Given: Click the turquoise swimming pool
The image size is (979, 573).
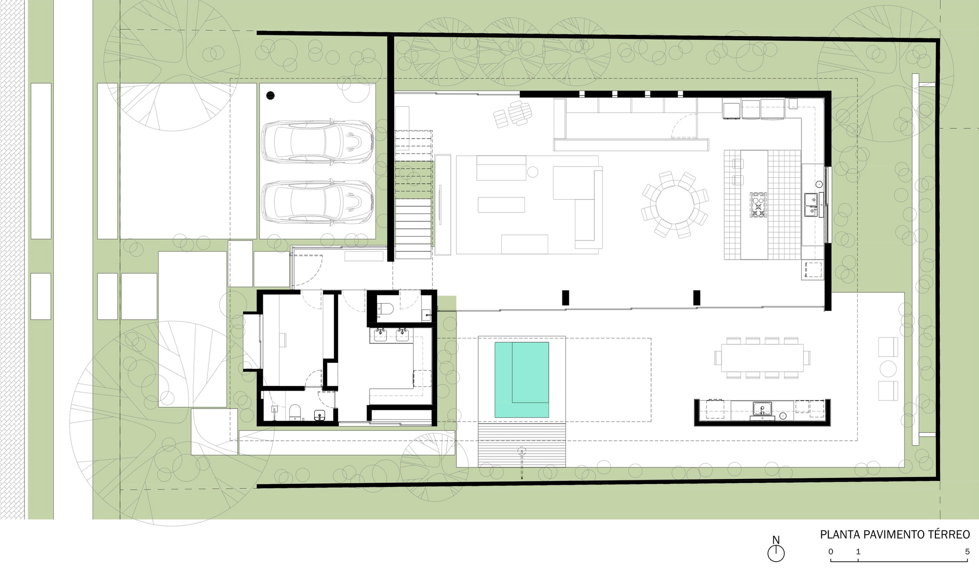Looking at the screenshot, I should (521, 380).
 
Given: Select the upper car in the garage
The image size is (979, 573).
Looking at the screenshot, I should (317, 142).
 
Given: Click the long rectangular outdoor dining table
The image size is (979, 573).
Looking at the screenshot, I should (762, 358).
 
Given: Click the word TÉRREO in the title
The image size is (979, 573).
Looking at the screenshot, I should (946, 534).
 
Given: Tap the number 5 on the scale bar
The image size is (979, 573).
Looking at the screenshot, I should (967, 552).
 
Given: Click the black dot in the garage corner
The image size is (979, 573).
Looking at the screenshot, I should (271, 95).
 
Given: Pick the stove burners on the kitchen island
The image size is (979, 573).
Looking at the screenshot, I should (758, 205).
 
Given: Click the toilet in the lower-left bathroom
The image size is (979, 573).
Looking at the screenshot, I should (295, 413).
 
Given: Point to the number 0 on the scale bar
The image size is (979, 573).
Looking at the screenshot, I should (831, 552).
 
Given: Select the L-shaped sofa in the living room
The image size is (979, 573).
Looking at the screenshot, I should (583, 201).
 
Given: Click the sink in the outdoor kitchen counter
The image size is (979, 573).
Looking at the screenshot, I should (762, 408).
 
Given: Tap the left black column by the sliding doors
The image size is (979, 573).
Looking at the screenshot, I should (565, 298).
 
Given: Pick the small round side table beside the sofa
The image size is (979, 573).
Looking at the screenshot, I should (533, 172).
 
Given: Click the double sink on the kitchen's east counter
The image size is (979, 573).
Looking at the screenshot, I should (811, 205).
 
